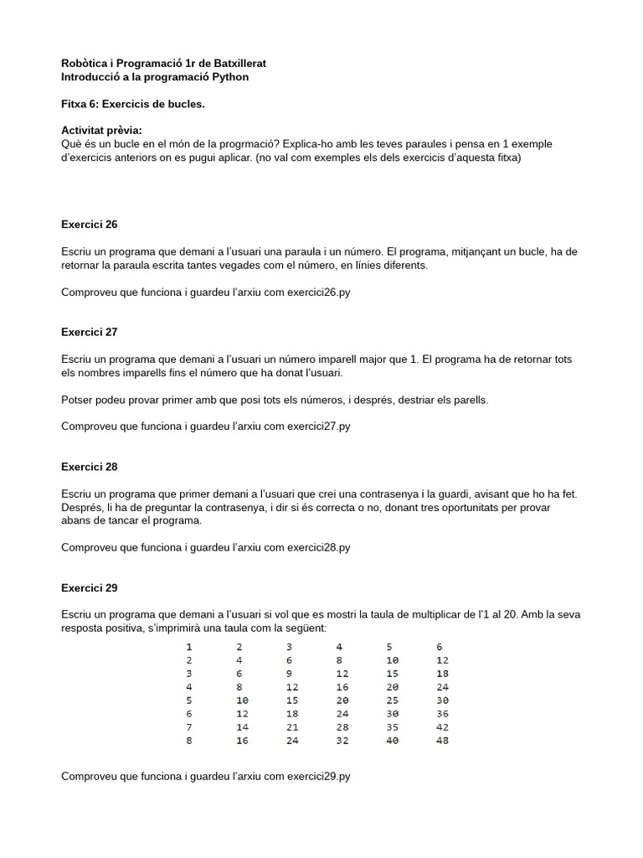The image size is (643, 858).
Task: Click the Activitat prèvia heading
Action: [101, 131]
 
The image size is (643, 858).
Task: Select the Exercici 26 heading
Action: [90, 225]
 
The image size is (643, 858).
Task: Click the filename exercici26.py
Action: [318, 292]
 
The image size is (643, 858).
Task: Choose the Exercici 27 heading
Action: [90, 332]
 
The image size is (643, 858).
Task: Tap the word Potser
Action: [78, 400]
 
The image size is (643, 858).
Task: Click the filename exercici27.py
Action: [318, 426]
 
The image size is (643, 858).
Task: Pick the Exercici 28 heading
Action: [90, 467]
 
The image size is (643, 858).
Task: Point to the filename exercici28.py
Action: [318, 547]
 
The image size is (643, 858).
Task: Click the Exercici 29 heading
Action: [90, 588]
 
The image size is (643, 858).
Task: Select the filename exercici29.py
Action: [318, 777]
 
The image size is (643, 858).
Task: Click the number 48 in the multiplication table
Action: [443, 741]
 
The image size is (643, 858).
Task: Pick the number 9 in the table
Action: [290, 674]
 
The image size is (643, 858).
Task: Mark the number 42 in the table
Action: [443, 727]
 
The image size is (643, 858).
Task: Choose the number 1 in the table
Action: [189, 647]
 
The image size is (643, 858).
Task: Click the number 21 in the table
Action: [292, 727]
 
